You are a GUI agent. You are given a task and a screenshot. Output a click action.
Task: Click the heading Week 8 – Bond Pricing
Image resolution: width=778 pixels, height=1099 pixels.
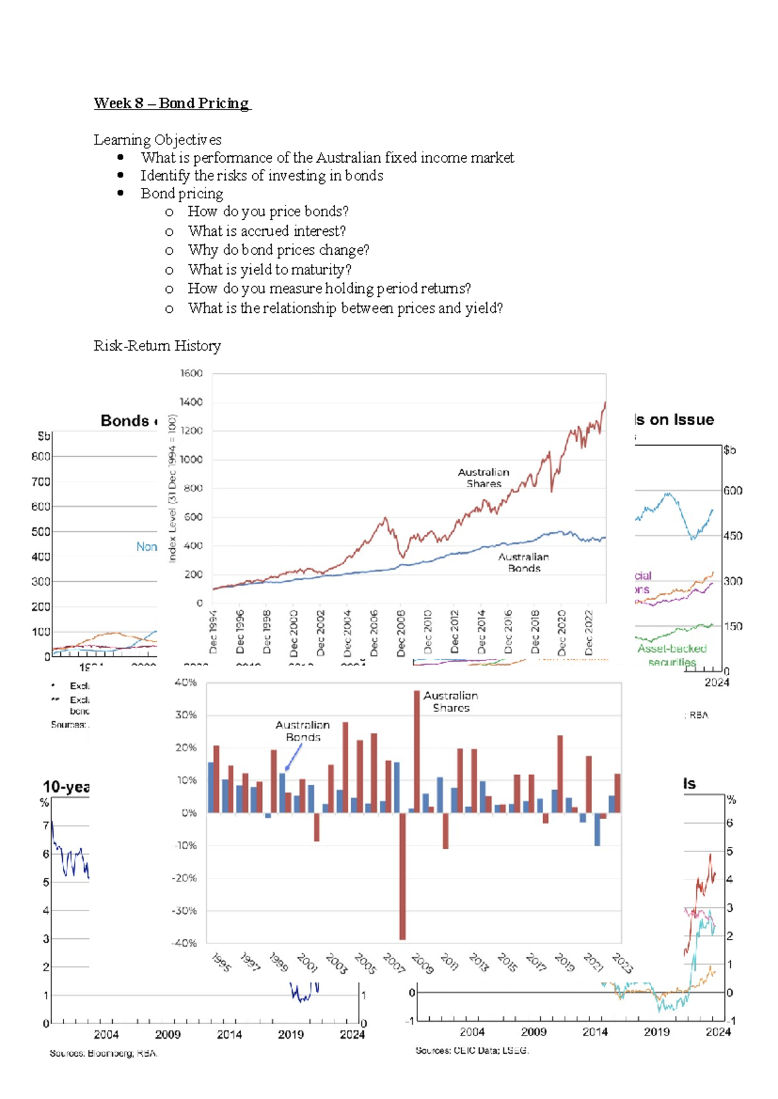(172, 103)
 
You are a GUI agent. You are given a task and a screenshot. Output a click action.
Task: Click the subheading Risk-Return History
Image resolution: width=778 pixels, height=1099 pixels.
(157, 345)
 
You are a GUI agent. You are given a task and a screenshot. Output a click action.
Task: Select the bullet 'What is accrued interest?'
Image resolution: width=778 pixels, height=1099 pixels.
(266, 231)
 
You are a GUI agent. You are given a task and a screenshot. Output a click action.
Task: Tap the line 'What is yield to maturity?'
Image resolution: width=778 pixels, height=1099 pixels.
(269, 269)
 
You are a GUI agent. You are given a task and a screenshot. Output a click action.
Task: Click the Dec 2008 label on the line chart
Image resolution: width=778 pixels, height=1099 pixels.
(401, 632)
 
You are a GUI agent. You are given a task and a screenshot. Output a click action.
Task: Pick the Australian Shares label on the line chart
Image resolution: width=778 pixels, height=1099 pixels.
(484, 478)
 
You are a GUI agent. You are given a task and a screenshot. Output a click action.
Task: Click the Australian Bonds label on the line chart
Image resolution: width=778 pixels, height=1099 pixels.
(523, 562)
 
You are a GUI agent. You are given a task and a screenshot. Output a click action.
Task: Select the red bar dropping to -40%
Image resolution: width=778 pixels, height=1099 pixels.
(403, 875)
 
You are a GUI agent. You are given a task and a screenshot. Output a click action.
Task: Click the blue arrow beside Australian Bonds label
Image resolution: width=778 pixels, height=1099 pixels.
(293, 757)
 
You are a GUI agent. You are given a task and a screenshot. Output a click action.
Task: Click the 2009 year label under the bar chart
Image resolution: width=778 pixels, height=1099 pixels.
(422, 964)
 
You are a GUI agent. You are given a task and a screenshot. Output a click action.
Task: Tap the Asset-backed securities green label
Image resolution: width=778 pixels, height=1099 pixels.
(672, 654)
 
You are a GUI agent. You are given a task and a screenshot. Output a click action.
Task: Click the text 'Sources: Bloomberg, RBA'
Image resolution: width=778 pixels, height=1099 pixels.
(104, 1053)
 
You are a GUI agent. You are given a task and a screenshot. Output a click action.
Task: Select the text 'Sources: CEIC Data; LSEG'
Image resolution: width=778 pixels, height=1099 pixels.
(472, 1050)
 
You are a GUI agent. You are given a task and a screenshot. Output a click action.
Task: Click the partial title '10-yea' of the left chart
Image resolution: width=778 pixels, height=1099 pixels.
(66, 787)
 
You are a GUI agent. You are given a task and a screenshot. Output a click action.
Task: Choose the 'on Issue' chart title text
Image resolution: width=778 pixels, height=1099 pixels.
(674, 419)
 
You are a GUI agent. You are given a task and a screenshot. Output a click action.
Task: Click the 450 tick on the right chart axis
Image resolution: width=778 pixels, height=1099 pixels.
(733, 536)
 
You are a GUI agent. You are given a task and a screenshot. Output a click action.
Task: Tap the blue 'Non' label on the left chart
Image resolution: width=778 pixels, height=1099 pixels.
(147, 547)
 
